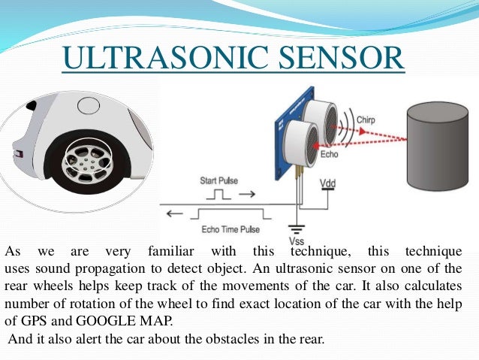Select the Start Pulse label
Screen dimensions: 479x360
click(x=219, y=180)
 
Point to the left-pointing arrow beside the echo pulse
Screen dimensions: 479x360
click(x=175, y=213)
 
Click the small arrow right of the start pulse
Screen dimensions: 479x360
click(x=245, y=194)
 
